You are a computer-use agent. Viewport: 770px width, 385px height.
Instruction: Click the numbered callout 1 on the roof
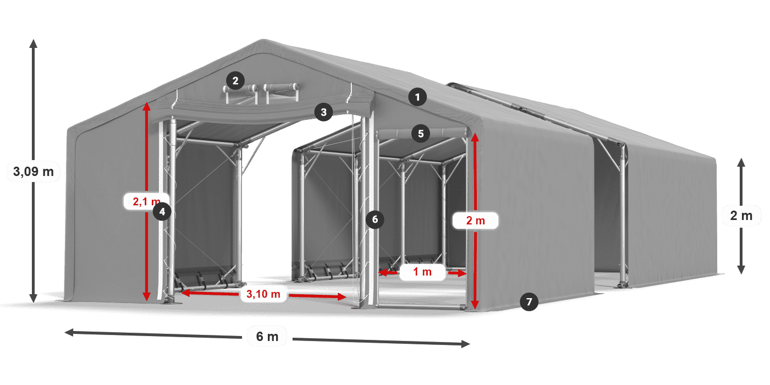[x=417, y=97]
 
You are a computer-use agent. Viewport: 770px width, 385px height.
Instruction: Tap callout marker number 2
[x=235, y=81]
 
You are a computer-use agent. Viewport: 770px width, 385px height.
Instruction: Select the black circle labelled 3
[x=323, y=112]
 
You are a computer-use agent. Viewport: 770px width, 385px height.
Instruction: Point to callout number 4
[x=162, y=211]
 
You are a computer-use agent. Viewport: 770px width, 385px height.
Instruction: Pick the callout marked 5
[x=421, y=134]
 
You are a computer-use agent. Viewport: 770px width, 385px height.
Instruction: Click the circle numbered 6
[x=375, y=219]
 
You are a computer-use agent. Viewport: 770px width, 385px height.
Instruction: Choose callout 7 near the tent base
[x=529, y=302]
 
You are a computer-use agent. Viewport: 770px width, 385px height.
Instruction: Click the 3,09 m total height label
[x=34, y=172]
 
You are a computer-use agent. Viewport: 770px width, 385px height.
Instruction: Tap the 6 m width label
[x=267, y=337]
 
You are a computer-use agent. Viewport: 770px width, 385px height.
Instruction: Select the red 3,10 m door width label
[x=263, y=294]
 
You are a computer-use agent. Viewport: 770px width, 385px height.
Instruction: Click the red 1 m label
[x=422, y=272]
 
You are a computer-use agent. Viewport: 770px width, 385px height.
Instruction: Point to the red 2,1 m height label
[x=146, y=201]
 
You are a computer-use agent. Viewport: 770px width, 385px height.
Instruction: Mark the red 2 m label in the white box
[x=475, y=221]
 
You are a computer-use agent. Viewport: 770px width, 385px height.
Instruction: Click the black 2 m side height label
[x=741, y=216]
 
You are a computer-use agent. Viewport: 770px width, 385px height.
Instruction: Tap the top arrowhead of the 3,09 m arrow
[x=34, y=43]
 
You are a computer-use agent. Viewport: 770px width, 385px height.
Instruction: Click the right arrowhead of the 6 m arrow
[x=465, y=344]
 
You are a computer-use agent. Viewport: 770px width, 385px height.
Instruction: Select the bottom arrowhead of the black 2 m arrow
[x=741, y=270]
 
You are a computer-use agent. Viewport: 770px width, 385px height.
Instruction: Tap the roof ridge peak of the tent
[x=263, y=41]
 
